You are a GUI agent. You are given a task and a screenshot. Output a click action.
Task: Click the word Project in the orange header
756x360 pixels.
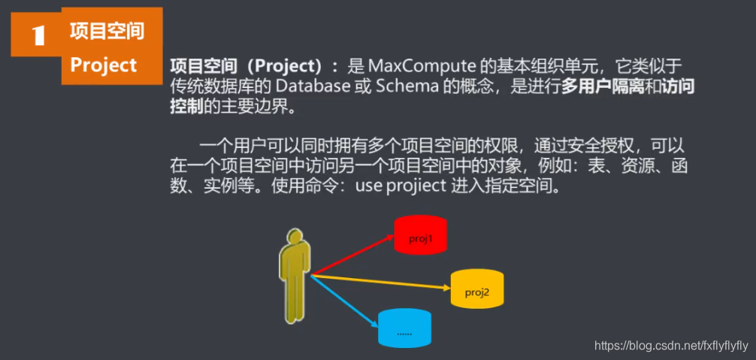104,65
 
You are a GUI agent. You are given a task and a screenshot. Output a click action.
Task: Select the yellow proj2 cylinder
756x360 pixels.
476,289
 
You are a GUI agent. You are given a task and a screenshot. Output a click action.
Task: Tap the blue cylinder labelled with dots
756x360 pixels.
404,328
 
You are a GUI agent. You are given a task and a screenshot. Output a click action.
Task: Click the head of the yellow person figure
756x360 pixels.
295,236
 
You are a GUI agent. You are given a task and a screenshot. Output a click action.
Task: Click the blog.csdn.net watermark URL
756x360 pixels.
671,346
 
